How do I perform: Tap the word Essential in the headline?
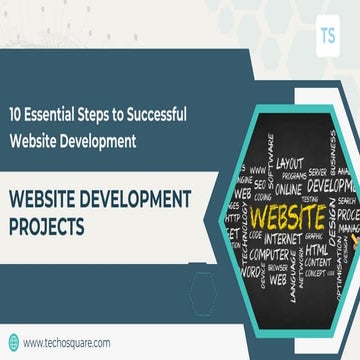pos(58,116)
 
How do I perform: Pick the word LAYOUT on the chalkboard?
pos(289,161)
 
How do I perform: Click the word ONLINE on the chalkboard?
pos(287,188)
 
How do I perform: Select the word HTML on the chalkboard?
pos(317,251)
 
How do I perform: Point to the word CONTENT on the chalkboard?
pos(318,262)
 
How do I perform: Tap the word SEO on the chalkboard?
pos(259,184)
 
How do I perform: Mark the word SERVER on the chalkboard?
pos(318,171)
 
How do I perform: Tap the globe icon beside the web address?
pos(13,342)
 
